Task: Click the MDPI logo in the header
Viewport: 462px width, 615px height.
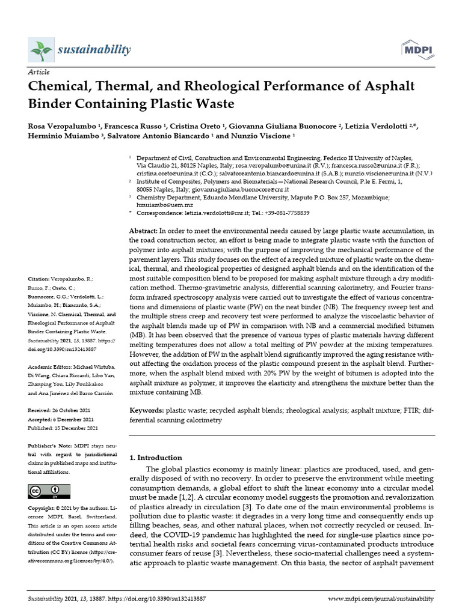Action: [416, 49]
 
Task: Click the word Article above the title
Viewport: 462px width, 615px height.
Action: [39, 71]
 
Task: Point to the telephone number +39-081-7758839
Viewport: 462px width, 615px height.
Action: [285, 213]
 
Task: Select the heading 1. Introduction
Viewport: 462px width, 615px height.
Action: [156, 458]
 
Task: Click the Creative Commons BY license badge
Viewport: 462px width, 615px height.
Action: [45, 492]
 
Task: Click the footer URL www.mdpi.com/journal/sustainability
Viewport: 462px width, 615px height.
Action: [381, 599]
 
